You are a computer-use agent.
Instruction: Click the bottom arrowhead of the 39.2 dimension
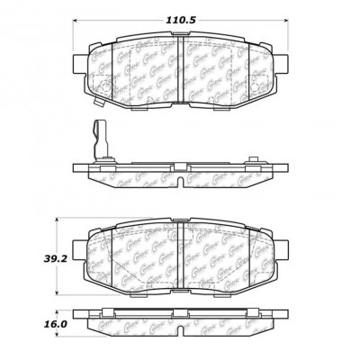pyautogui.click(x=60, y=297)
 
